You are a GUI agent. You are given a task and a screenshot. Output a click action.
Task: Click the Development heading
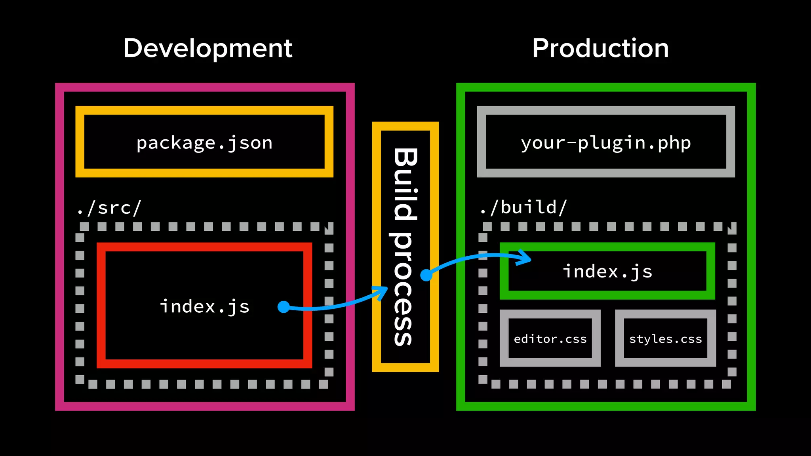(208, 48)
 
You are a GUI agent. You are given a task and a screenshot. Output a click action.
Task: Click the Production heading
(600, 48)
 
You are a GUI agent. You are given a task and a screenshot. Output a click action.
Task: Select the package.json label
(204, 142)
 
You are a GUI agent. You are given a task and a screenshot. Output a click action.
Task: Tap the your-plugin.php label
(606, 142)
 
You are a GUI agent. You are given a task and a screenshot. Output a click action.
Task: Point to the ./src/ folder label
(109, 208)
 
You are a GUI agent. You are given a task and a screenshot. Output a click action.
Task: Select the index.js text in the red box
(204, 306)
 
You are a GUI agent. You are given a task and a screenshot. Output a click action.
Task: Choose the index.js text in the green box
(607, 272)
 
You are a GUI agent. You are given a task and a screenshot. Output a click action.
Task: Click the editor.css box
(550, 339)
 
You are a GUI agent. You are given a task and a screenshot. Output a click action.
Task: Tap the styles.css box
(665, 339)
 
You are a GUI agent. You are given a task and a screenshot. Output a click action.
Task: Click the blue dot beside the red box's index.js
(284, 307)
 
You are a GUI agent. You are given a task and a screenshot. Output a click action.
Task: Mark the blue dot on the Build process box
(426, 275)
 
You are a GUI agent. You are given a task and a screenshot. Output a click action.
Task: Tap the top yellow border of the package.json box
(204, 110)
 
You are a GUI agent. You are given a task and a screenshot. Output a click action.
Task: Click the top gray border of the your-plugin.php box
(606, 110)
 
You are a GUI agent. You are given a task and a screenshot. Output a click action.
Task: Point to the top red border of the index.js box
(204, 247)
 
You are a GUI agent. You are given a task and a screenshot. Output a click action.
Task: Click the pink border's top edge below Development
(204, 87)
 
